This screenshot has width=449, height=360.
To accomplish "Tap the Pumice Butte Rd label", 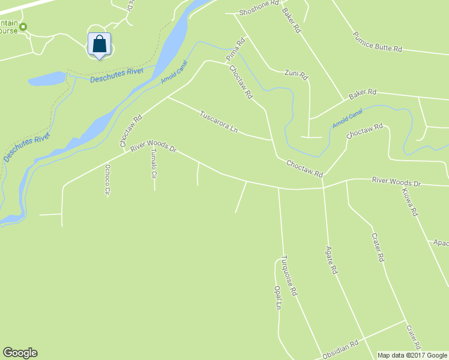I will point(377,43).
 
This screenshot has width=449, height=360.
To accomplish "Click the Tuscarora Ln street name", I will point(219,121).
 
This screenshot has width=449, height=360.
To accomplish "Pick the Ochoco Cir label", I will point(108,180).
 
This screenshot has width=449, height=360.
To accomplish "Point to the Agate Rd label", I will point(330,260).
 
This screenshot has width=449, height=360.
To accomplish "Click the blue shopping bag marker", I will point(100,45).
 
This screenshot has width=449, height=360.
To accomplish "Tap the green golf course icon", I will point(23,26).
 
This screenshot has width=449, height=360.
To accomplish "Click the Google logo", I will point(20,353).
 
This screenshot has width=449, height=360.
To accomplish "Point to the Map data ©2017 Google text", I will point(412,355).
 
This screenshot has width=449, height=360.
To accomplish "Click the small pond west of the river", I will point(46,79).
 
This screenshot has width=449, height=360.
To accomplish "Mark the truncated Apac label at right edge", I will point(441,243).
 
